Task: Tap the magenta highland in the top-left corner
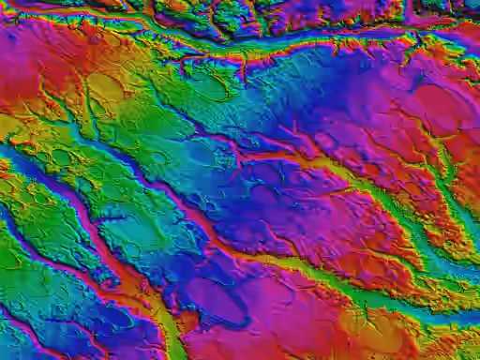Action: pos(28,47)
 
